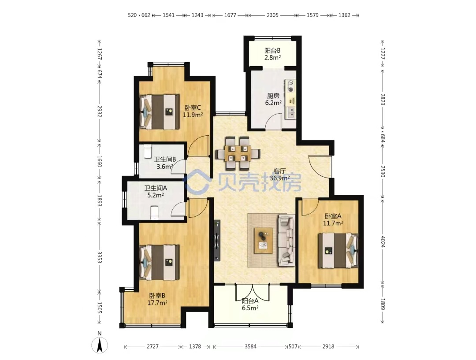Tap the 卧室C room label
click(193, 108)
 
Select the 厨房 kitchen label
click(273, 96)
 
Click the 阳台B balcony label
click(272, 50)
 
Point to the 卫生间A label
click(156, 188)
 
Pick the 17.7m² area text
click(157, 303)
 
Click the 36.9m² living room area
click(279, 178)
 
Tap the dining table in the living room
click(238, 153)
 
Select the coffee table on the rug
click(263, 240)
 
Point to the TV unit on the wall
click(217, 240)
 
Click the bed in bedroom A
click(338, 250)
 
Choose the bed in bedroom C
click(159, 112)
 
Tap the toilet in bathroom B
click(148, 151)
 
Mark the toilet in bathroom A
click(155, 212)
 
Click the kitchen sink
click(290, 113)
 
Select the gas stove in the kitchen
click(290, 86)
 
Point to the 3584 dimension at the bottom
click(250, 346)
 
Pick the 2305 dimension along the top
click(272, 15)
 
